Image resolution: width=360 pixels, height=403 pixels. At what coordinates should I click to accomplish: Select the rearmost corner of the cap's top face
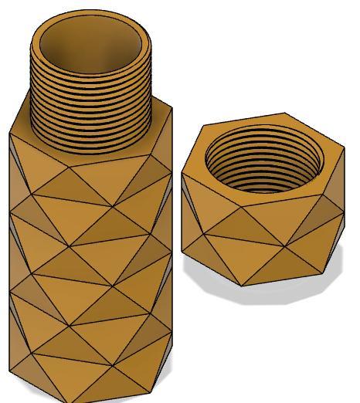286,113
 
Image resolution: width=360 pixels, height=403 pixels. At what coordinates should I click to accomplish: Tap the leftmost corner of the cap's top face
182,172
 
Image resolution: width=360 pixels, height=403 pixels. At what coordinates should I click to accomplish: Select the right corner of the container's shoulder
172,108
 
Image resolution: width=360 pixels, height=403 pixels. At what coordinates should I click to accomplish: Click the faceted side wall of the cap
263,247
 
